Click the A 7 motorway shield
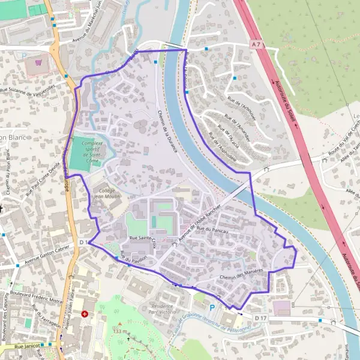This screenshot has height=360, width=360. click(x=257, y=44)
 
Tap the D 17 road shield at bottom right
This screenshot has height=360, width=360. click(x=260, y=316)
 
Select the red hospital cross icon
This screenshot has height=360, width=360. click(x=85, y=313)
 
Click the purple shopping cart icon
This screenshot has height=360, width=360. click(x=40, y=62)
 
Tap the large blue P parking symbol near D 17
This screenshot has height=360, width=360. click(x=211, y=307)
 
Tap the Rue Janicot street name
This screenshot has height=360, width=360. click(x=26, y=346)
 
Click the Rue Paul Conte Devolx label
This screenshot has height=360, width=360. click(x=44, y=179)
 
